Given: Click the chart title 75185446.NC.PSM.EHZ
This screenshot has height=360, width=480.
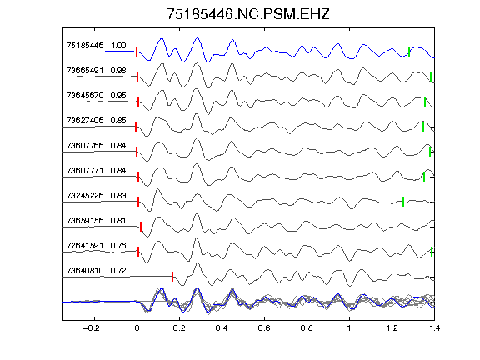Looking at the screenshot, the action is [248, 14].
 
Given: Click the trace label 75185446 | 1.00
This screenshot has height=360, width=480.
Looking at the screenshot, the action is [96, 46].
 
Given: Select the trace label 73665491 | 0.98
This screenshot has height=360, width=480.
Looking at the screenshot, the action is [96, 71].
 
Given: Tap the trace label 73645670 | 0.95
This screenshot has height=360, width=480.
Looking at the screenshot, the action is [96, 96].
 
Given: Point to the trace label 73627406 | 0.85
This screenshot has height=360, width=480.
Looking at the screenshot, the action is [96, 121].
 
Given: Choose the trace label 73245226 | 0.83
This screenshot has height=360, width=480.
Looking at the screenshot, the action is [96, 196].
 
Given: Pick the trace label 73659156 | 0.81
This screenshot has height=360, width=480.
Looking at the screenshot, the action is [96, 221].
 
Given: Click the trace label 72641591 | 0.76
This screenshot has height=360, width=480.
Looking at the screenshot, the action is [96, 246].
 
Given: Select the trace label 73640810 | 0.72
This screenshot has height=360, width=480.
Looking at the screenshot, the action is [96, 271].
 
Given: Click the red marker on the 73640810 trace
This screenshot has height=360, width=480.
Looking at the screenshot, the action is [172, 277].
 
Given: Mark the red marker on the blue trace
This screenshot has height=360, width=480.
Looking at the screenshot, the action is [137, 52].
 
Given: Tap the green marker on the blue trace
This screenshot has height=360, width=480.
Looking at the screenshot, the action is [409, 52].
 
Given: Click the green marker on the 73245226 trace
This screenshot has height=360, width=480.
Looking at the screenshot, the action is [403, 202].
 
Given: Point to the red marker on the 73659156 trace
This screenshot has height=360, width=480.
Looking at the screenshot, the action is [141, 227].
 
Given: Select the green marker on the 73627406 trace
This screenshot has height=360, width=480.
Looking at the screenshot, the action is [423, 127].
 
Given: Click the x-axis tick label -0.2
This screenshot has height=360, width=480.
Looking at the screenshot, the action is [91, 328].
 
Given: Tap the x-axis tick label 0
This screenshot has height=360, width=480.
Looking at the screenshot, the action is [137, 328].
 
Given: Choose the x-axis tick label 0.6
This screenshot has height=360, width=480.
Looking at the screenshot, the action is [264, 328].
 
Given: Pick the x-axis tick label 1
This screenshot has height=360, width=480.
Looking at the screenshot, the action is [349, 328].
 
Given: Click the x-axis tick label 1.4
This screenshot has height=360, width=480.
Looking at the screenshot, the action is [434, 328].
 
